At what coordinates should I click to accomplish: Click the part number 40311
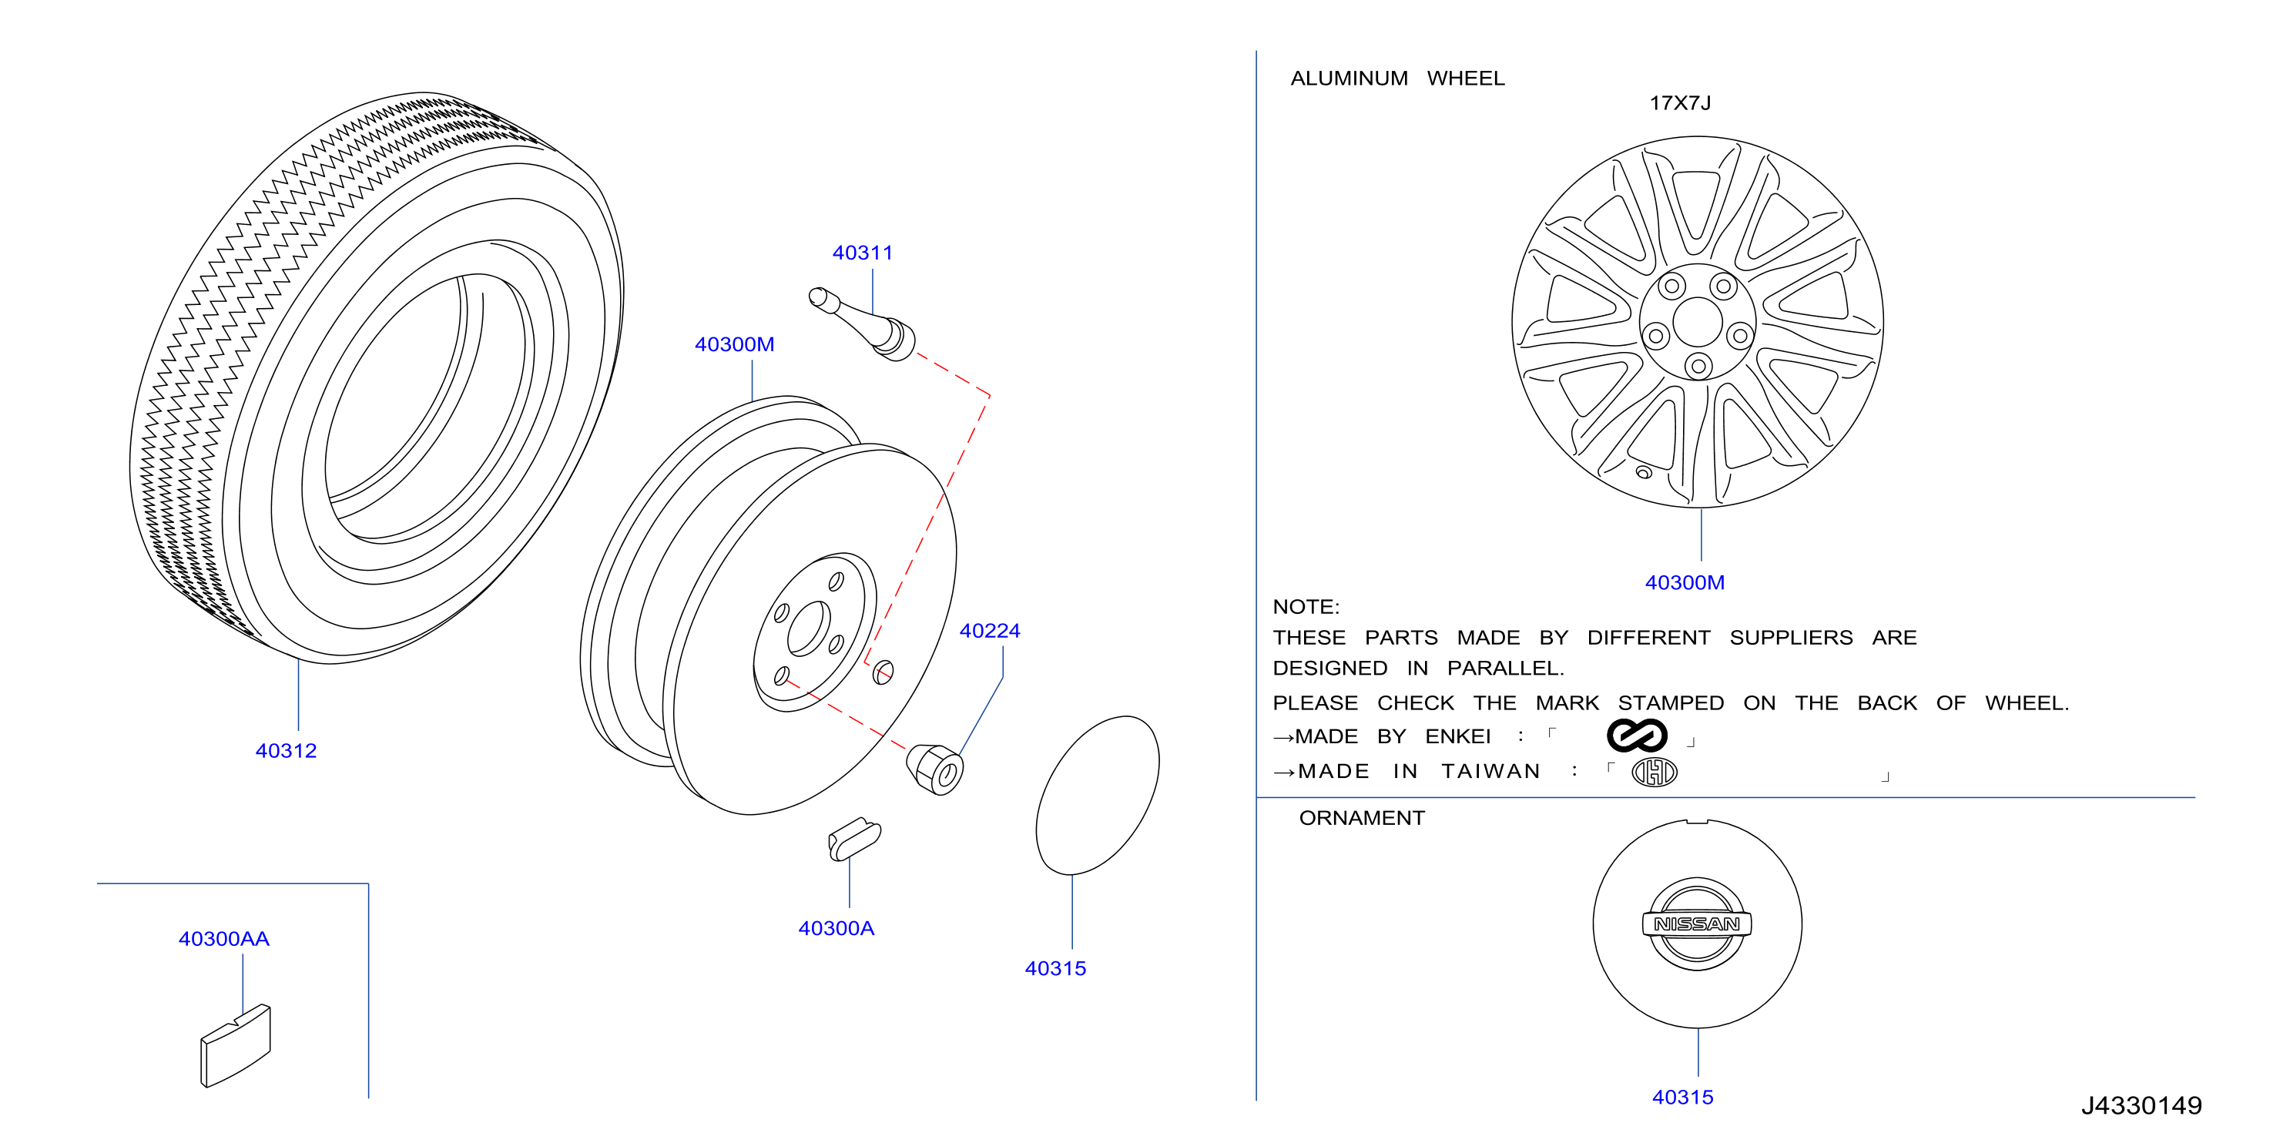pyautogui.click(x=862, y=253)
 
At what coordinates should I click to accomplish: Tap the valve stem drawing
pyautogui.click(x=861, y=323)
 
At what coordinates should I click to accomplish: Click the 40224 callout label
pyautogui.click(x=990, y=631)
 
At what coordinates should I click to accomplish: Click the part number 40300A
pyautogui.click(x=836, y=929)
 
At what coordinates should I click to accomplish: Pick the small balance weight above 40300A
pyautogui.click(x=854, y=839)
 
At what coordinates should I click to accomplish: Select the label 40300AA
pyautogui.click(x=223, y=940)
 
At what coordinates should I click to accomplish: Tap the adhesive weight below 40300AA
pyautogui.click(x=236, y=1046)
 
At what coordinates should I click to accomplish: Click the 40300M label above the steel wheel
pyautogui.click(x=734, y=345)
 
